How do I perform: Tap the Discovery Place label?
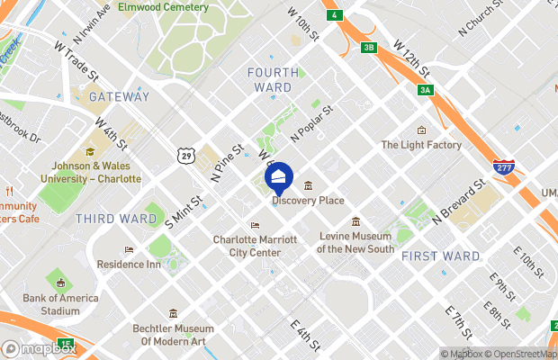click(308, 200)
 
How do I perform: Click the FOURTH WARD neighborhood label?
click(270, 79)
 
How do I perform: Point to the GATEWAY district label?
click(119, 97)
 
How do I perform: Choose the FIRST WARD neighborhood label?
click(441, 256)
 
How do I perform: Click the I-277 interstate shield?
click(503, 167)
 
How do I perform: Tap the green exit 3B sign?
click(369, 48)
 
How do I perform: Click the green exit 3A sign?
click(426, 90)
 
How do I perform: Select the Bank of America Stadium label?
click(58, 304)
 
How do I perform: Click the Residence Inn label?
click(129, 265)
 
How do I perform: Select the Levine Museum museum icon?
click(356, 221)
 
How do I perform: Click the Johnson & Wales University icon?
click(89, 151)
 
